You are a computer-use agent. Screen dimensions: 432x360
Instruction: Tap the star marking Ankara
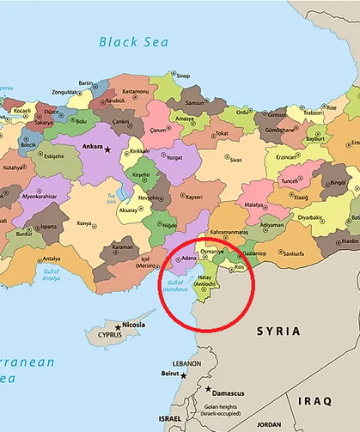108,149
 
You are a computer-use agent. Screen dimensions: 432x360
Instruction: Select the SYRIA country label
278,330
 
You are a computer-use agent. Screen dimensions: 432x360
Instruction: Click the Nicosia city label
133,326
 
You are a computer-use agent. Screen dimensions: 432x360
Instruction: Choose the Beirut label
173,374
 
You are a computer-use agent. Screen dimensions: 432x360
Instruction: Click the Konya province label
85,224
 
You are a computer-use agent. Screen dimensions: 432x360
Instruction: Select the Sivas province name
235,159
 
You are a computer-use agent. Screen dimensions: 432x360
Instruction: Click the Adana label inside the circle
190,258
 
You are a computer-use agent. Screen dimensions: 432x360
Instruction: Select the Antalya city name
52,259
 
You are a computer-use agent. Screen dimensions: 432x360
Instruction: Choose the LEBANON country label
186,363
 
